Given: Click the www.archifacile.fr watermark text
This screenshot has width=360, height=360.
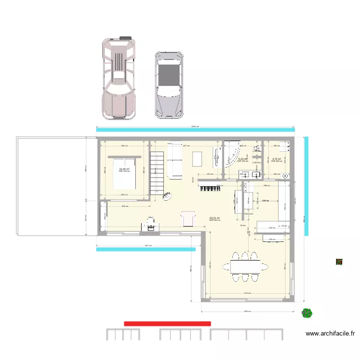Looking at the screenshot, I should (x=330, y=333).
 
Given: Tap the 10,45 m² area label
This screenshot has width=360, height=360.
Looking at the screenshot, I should (x=124, y=169).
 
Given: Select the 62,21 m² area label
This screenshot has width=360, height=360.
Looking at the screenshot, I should (x=215, y=218).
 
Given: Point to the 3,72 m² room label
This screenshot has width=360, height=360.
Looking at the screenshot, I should (x=276, y=159).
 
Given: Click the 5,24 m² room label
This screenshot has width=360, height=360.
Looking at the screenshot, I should (x=242, y=159).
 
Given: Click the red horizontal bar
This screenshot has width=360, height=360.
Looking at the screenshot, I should (x=167, y=324).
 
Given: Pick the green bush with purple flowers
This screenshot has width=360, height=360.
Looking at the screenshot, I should (x=307, y=313).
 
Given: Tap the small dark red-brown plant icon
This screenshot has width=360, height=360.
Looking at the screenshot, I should (x=339, y=262).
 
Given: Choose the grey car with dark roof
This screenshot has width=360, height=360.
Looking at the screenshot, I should (x=168, y=85).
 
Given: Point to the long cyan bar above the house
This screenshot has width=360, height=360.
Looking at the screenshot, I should (x=195, y=129).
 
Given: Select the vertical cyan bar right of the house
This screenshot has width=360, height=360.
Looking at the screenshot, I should (x=306, y=186).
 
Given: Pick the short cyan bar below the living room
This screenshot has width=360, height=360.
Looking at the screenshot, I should (x=146, y=249).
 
